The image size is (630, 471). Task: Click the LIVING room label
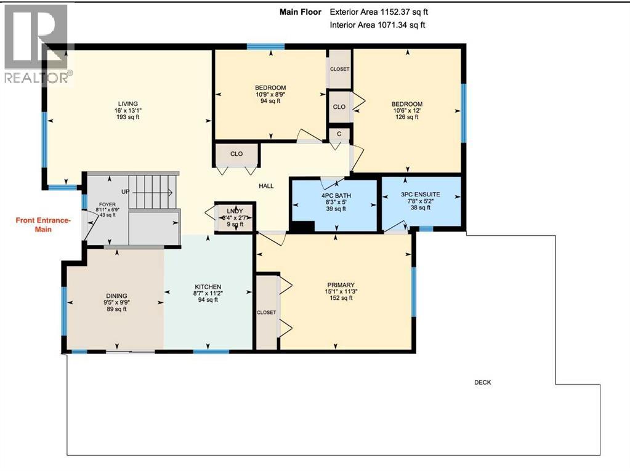click(x=128, y=103)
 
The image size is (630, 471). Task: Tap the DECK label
click(x=482, y=382)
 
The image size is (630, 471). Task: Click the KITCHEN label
click(x=208, y=287)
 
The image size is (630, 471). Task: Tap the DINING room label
click(x=115, y=295)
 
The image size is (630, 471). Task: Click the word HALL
click(x=266, y=186)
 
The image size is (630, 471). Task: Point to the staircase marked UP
click(x=151, y=191)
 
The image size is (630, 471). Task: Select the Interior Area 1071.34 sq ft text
click(x=378, y=25)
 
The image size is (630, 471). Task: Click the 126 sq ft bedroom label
click(x=407, y=117)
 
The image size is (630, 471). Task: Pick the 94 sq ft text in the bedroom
click(x=270, y=101)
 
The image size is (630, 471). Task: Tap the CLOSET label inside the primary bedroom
click(x=267, y=312)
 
